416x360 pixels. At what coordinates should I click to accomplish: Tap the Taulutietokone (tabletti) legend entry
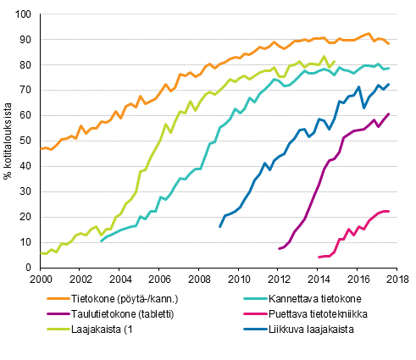point(123,315)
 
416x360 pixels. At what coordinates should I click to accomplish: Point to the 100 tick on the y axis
point(25,15)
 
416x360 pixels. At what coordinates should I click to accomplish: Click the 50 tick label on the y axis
point(27,141)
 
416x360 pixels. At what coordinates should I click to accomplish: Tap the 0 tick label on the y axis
point(31,268)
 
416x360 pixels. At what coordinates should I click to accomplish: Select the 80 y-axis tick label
point(27,65)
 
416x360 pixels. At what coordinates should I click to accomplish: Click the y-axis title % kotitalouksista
point(9,141)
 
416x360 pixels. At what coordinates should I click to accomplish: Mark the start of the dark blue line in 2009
point(219,227)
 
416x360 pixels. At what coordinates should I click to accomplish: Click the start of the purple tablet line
point(279,249)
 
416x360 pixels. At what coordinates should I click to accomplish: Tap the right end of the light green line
point(335,62)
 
